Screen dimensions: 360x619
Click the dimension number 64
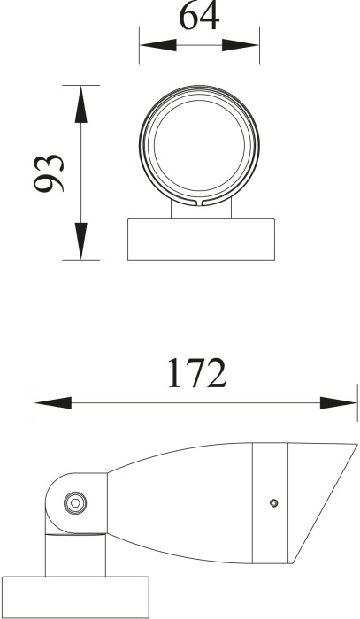pos(199,16)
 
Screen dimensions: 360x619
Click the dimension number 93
pos(49,173)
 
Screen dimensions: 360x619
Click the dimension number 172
pos(197,373)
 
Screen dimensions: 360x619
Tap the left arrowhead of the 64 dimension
pos(158,45)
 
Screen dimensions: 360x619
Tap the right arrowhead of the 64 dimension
pos(241,45)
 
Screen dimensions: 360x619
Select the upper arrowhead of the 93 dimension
pos(80,104)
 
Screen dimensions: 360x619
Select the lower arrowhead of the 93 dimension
pos(80,241)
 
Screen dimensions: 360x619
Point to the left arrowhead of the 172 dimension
pos(53,403)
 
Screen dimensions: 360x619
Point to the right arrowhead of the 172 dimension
pos(338,403)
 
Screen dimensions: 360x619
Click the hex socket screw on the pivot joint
pos(75,503)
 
